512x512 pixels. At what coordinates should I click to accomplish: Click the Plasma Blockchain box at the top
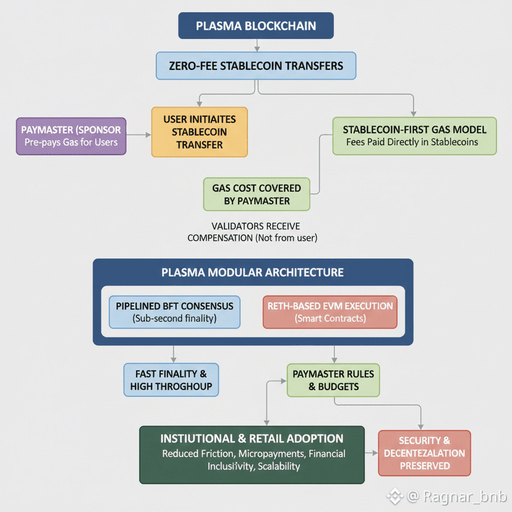[255, 26]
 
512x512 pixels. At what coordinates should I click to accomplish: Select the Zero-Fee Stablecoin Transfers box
[256, 66]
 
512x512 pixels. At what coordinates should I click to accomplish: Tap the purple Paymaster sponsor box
[71, 136]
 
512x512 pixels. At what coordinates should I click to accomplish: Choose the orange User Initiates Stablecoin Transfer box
[199, 132]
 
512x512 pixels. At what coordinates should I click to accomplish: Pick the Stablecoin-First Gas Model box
[414, 135]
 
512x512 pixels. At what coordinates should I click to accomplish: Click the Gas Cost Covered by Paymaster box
[257, 194]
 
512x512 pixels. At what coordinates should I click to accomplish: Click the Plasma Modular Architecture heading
[252, 273]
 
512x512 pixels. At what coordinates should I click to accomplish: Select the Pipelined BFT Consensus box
[174, 312]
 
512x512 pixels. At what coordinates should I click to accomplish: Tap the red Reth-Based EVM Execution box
[330, 312]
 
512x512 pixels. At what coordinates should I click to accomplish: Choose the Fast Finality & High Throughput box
[171, 380]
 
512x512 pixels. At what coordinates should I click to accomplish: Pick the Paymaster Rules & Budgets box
[333, 380]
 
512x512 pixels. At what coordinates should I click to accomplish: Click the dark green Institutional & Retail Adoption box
[252, 454]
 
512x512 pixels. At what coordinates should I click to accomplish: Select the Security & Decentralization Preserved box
[424, 453]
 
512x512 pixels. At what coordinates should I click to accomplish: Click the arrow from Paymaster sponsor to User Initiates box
[139, 135]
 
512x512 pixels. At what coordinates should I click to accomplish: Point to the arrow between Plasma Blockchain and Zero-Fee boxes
[256, 45]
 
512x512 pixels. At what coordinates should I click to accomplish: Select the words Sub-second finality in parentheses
[174, 318]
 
